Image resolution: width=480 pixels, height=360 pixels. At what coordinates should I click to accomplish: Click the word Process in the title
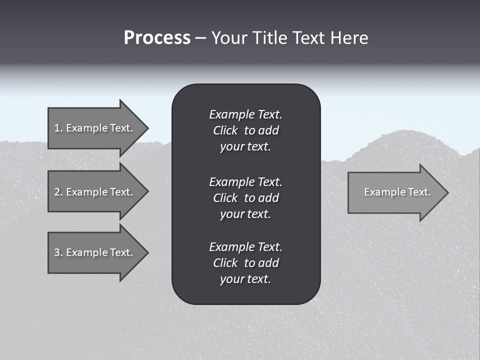[157, 38]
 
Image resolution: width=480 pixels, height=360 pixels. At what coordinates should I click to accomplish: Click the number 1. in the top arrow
[58, 128]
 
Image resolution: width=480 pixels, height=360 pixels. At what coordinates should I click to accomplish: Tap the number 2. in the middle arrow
[58, 192]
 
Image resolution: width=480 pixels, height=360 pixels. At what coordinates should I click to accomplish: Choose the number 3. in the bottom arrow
[58, 252]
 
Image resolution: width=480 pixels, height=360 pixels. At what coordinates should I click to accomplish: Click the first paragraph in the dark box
[245, 130]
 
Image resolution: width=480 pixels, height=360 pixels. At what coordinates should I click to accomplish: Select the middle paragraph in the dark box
[245, 197]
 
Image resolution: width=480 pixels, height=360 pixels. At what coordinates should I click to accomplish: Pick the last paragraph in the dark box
[245, 263]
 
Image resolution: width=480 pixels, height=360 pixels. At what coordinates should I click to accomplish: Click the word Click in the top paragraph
[225, 130]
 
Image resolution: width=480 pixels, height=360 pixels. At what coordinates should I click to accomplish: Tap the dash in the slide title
[200, 38]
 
